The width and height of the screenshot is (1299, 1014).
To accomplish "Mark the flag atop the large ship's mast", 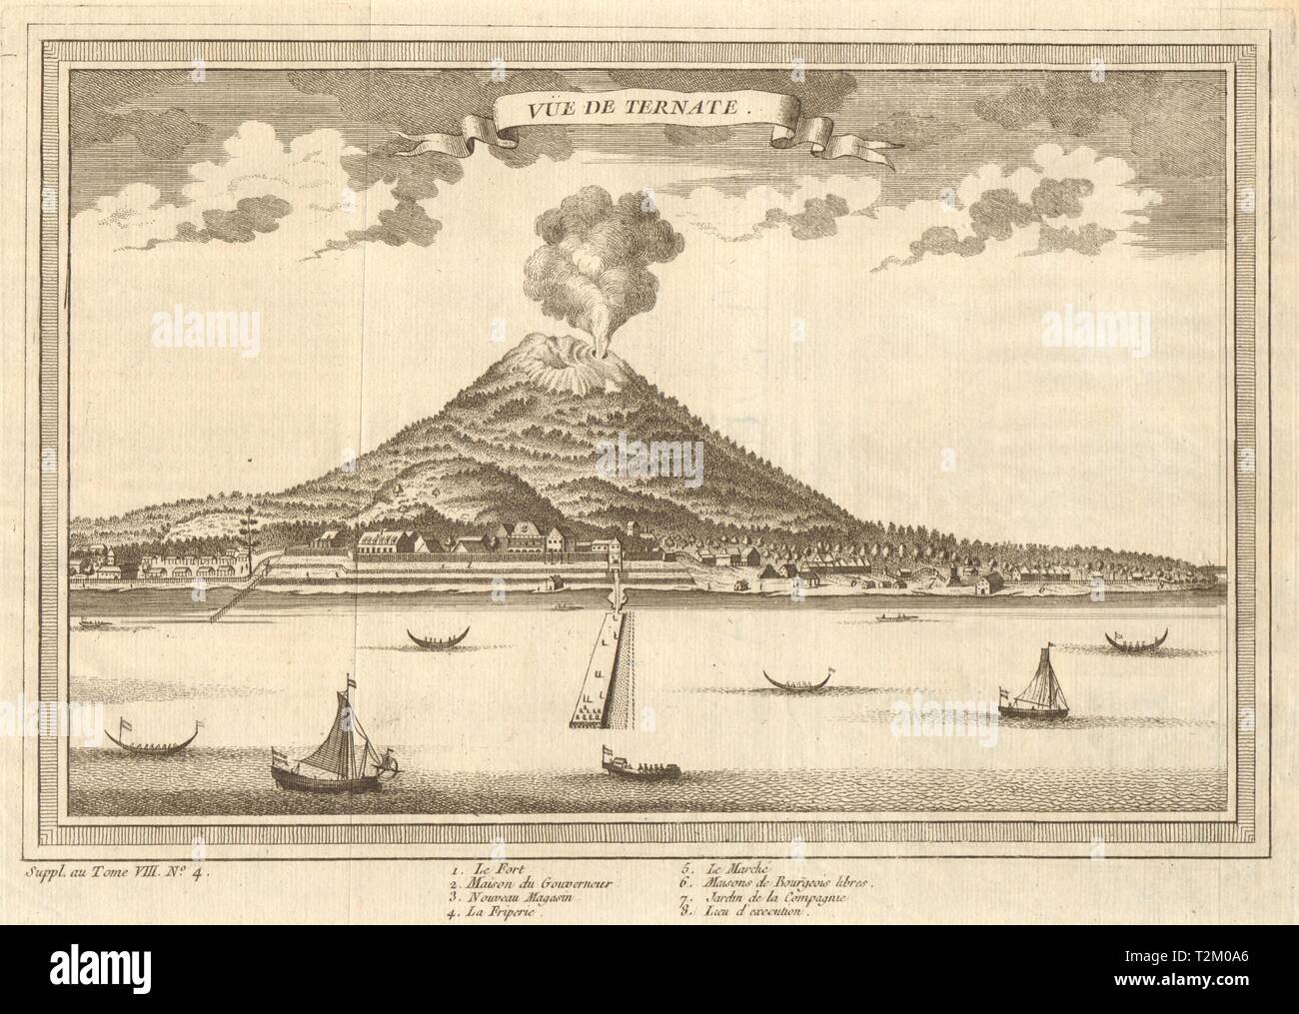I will tap(350, 680).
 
